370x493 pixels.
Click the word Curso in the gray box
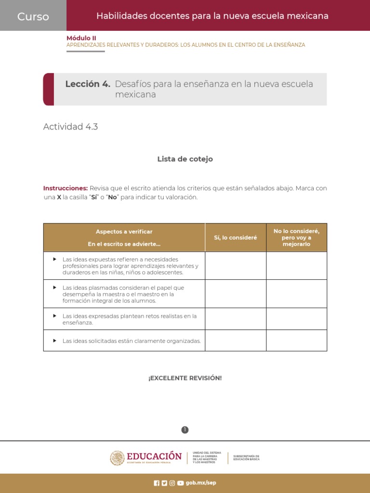(33, 16)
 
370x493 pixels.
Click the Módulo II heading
(81, 38)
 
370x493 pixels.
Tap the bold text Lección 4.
(88, 84)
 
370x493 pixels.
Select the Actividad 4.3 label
(70, 127)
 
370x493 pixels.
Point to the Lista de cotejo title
(185, 159)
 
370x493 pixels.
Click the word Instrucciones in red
(66, 188)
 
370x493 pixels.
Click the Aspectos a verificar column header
(124, 232)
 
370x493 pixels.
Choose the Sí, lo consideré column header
(236, 237)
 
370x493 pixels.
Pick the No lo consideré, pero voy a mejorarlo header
(296, 237)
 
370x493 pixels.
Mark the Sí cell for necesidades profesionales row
(236, 265)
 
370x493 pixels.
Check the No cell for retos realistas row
(296, 319)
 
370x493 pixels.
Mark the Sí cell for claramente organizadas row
(236, 340)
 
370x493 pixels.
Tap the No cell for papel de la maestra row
(296, 294)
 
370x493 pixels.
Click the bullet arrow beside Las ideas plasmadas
(54, 287)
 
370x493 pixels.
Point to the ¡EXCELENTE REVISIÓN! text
(185, 378)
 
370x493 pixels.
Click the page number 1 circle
(185, 430)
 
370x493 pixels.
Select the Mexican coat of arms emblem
(117, 458)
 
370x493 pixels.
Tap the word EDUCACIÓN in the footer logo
(154, 456)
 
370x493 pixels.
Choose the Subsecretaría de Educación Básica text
(246, 458)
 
